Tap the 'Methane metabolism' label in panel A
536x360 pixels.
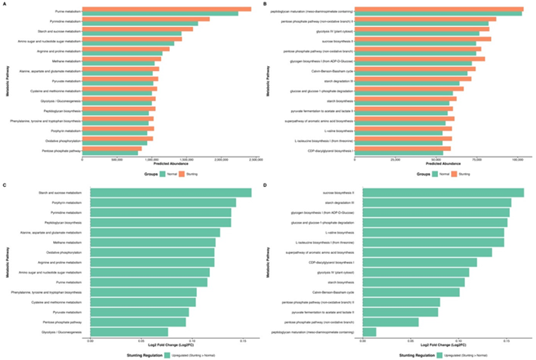(65, 60)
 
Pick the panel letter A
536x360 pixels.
(4, 4)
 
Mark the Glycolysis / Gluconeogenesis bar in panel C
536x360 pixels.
(127, 331)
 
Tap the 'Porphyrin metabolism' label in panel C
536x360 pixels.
(65, 202)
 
